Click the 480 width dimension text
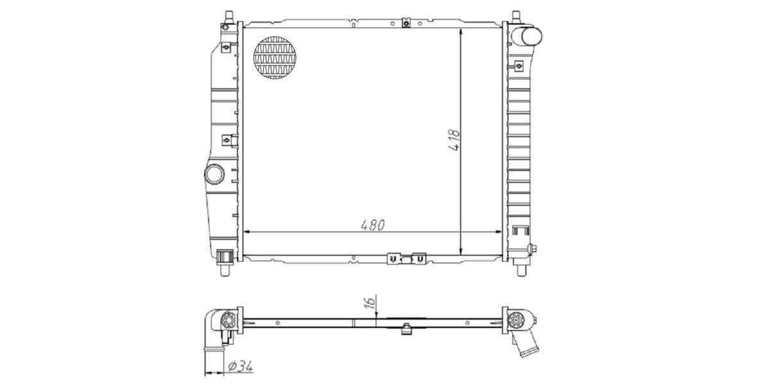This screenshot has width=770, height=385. [x=373, y=225]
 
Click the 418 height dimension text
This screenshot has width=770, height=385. [x=454, y=140]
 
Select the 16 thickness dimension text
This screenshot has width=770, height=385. [x=370, y=302]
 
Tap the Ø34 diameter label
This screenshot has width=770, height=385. [x=240, y=366]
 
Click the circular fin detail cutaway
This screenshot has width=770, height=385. [x=275, y=58]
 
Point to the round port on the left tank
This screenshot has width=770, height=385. [x=214, y=174]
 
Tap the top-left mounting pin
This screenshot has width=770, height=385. [x=228, y=17]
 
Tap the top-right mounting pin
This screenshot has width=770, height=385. [x=516, y=17]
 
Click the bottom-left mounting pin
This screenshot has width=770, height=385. [x=225, y=269]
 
